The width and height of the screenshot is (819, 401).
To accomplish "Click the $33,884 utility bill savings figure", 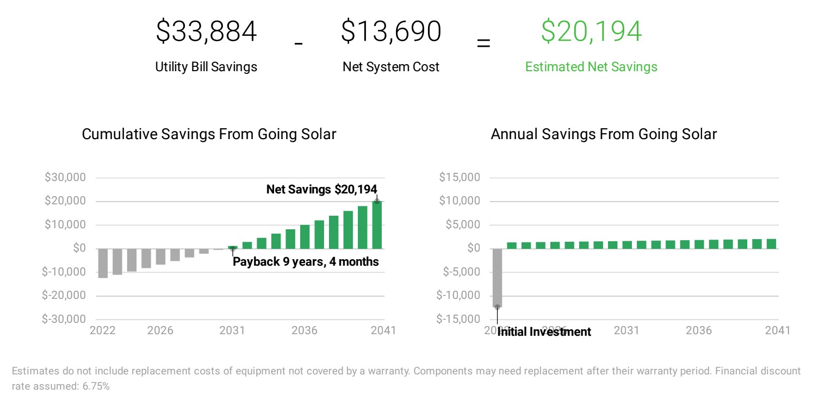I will click(x=206, y=32).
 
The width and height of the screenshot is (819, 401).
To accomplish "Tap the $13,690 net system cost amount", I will click(x=390, y=32).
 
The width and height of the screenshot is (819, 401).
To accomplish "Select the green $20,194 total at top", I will click(x=591, y=32).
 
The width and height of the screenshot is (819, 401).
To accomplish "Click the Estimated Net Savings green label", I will click(x=591, y=67).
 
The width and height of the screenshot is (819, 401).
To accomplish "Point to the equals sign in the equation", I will click(x=483, y=43).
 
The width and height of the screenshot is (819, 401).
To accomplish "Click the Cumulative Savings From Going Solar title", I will click(x=209, y=134).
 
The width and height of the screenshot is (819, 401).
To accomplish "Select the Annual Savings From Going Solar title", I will click(x=604, y=134).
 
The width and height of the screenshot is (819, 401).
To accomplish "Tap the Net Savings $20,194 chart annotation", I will click(x=321, y=190).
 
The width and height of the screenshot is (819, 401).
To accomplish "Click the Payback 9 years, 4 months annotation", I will click(x=306, y=262).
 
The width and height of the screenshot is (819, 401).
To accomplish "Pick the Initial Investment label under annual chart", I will click(x=544, y=332).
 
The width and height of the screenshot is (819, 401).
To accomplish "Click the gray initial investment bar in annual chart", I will click(x=497, y=277).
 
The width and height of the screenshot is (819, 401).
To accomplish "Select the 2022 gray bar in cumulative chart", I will click(x=102, y=263).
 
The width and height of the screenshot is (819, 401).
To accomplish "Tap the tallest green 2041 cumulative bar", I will click(x=377, y=225).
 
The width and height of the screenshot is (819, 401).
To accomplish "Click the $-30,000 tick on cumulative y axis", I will click(x=64, y=319).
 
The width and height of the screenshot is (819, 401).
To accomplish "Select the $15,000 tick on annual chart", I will click(x=460, y=178).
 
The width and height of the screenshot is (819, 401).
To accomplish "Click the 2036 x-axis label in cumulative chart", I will click(x=304, y=331).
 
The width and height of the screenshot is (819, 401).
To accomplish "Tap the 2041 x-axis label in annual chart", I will click(x=777, y=331).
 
